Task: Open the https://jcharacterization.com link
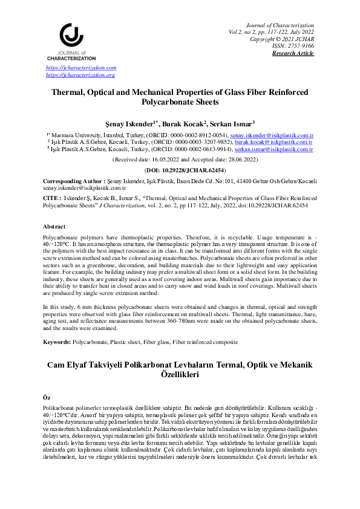(x=81, y=68)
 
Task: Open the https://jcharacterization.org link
(x=80, y=75)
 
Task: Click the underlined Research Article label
(x=293, y=53)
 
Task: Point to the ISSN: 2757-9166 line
(x=295, y=46)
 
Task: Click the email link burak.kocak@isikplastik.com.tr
(x=277, y=141)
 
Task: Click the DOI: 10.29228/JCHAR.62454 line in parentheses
(x=180, y=170)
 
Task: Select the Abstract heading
(x=54, y=226)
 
